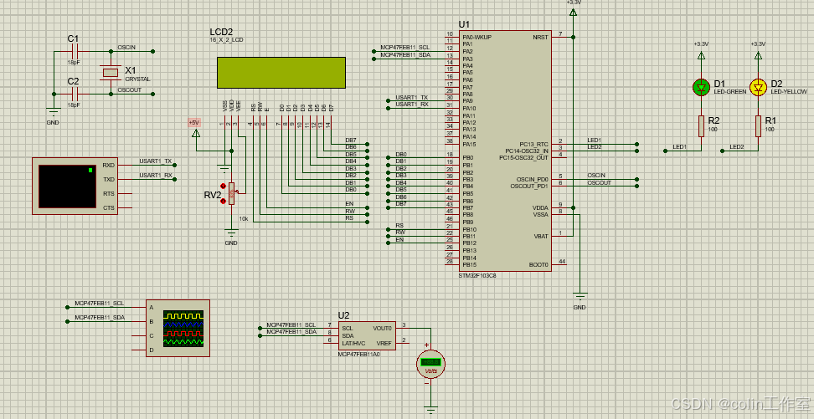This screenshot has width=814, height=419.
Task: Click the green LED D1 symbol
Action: pyautogui.click(x=701, y=86)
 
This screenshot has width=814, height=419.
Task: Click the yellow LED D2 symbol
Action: pyautogui.click(x=758, y=86)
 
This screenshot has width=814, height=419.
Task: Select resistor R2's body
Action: pyautogui.click(x=701, y=125)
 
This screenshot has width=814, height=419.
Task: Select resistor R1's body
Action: pyautogui.click(x=758, y=125)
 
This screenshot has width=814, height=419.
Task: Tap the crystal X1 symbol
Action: pyautogui.click(x=110, y=73)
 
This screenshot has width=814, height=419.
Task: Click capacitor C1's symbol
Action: pyautogui.click(x=74, y=52)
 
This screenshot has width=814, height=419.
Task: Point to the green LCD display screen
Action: pyautogui.click(x=281, y=73)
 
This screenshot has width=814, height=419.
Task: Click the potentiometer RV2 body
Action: pyautogui.click(x=232, y=194)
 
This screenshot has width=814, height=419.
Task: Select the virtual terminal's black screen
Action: pyautogui.click(x=67, y=186)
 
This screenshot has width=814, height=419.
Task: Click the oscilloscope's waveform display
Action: pyautogui.click(x=183, y=328)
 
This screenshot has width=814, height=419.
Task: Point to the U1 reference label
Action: pyautogui.click(x=465, y=24)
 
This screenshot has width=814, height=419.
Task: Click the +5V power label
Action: pyautogui.click(x=194, y=122)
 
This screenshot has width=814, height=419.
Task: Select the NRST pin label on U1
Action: pyautogui.click(x=540, y=37)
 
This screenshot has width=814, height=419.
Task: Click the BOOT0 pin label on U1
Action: pyautogui.click(x=538, y=264)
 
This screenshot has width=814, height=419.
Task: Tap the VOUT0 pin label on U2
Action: pyautogui.click(x=383, y=328)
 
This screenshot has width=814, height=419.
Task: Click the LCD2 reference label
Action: pyautogui.click(x=221, y=31)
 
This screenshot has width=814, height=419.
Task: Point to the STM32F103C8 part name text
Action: pyautogui.click(x=477, y=274)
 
